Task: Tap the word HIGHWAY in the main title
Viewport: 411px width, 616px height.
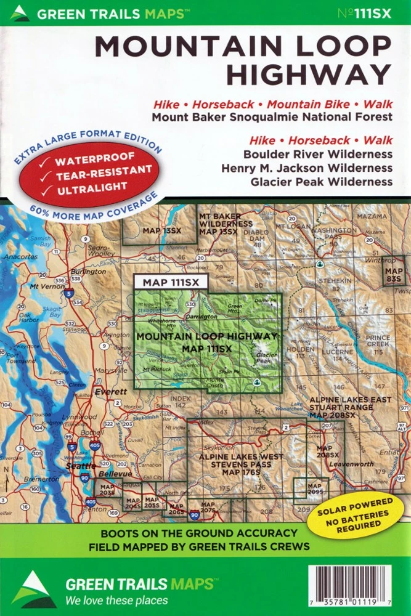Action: (x=308, y=73)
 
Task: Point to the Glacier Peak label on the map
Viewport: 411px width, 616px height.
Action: (x=267, y=359)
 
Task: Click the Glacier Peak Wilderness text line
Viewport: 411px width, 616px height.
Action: (x=321, y=181)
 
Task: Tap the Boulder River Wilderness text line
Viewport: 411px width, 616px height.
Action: (x=317, y=154)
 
